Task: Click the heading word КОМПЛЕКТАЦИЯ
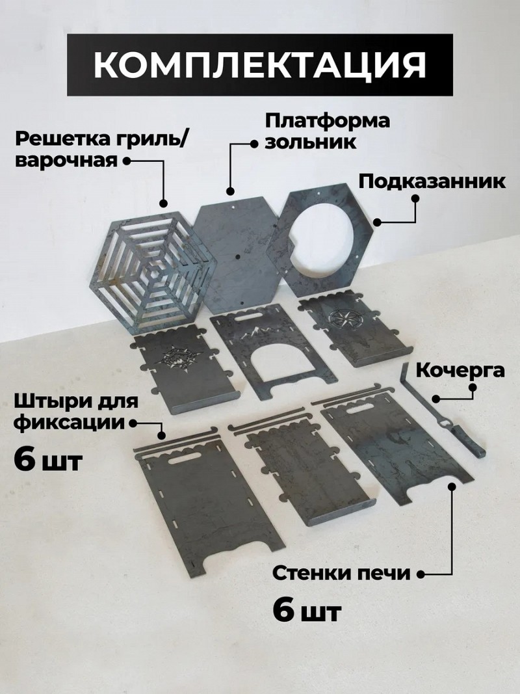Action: [x=260, y=64]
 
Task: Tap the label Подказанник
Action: [x=432, y=181]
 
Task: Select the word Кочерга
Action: [x=460, y=370]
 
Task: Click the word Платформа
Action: [x=327, y=121]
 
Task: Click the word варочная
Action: [x=67, y=161]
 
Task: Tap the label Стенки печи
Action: [x=341, y=574]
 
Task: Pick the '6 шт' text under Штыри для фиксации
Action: [x=47, y=460]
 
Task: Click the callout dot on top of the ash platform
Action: [x=229, y=191]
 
